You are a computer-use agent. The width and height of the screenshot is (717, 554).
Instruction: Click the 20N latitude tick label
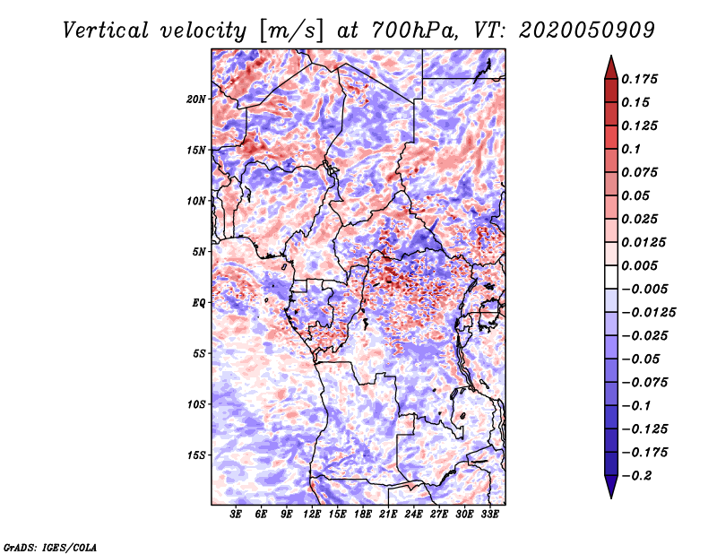coord(196,100)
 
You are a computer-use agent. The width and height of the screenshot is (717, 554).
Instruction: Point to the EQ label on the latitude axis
coord(199,303)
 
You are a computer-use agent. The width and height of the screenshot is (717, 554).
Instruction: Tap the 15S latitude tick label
coord(197,455)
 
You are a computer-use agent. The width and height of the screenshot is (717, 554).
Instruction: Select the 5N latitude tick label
coord(199,252)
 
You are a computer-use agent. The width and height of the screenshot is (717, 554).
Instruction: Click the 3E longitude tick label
coord(236,514)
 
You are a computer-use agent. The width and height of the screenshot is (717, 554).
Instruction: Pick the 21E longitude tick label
coord(388,514)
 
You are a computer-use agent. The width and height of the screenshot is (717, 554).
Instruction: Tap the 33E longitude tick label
coord(489,514)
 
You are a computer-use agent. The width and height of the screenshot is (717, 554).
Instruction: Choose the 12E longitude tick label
coord(312,514)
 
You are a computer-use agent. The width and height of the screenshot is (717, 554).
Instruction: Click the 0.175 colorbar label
coord(639,79)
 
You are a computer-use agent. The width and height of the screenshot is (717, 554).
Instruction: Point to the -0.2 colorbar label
coord(636,476)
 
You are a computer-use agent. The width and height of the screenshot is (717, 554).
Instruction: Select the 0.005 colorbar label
coord(639,265)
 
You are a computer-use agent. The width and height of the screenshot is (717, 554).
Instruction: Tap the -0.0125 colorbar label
coord(648,313)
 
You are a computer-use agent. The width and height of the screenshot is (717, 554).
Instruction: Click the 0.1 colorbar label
coord(631,149)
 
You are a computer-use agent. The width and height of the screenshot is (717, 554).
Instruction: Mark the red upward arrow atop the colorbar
coord(611,67)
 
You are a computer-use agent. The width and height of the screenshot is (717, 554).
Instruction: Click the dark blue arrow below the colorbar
coord(611,487)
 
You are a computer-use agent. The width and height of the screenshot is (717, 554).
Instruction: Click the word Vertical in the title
coord(106,30)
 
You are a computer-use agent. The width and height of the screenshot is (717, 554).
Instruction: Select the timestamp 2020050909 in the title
coord(587,30)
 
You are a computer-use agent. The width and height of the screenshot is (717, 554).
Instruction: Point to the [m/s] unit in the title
coord(290,31)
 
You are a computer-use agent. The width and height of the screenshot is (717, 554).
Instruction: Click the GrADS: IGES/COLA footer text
coord(50,547)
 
